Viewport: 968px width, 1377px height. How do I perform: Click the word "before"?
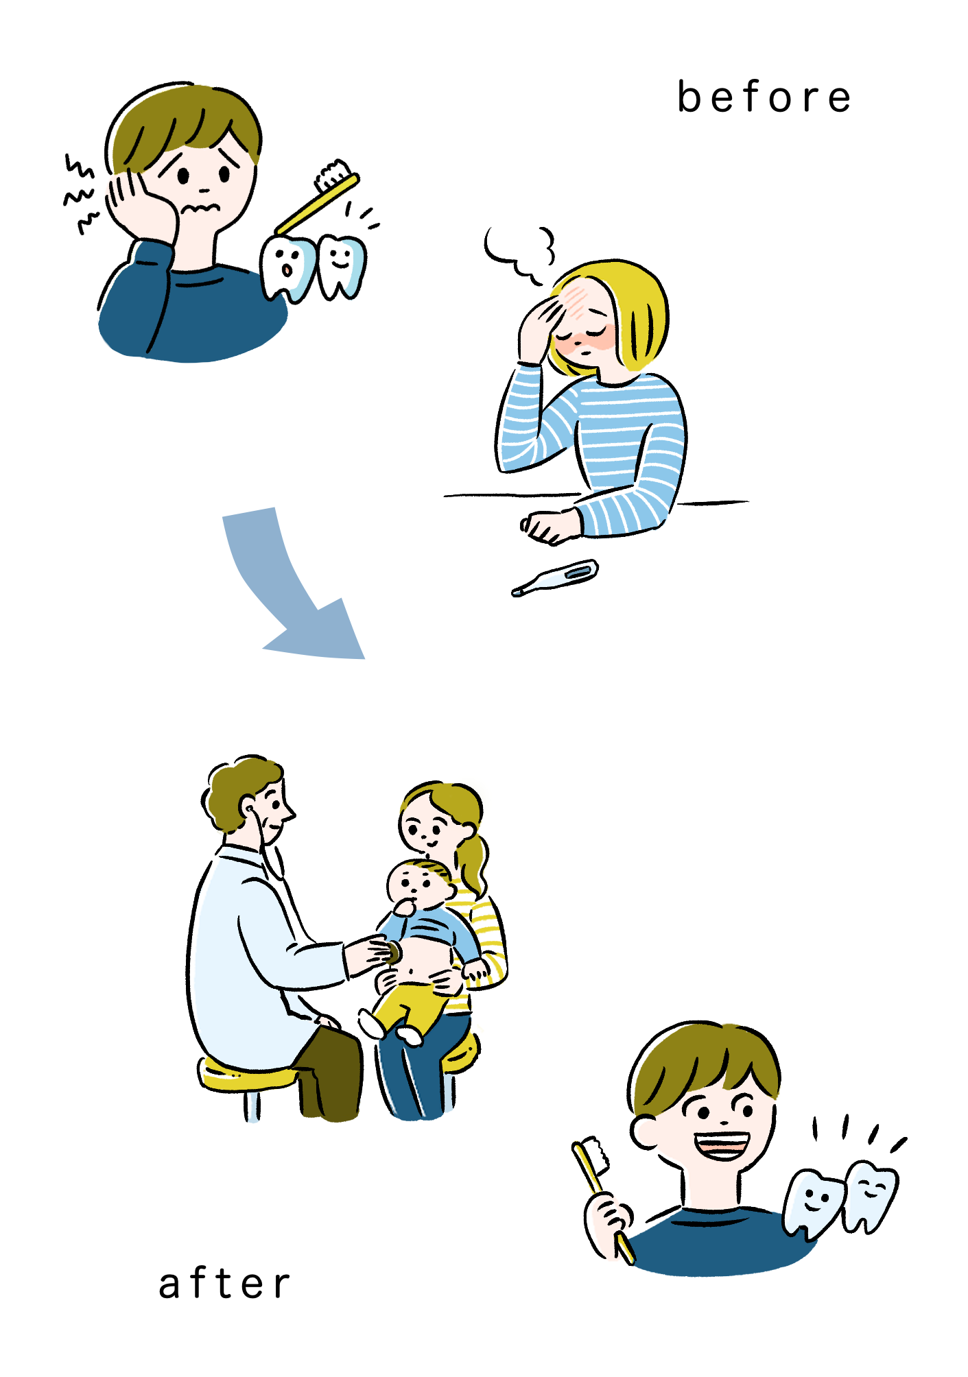[x=764, y=97]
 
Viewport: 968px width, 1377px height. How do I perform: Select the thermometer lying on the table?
[x=555, y=578]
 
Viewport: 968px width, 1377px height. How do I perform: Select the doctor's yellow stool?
[x=247, y=1083]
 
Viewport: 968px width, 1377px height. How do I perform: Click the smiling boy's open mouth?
[x=721, y=1145]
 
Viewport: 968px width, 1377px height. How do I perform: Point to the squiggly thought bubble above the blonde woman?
[x=519, y=254]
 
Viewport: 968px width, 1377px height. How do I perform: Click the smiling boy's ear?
[x=644, y=1131]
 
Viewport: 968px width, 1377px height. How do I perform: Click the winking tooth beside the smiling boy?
[x=871, y=1196]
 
